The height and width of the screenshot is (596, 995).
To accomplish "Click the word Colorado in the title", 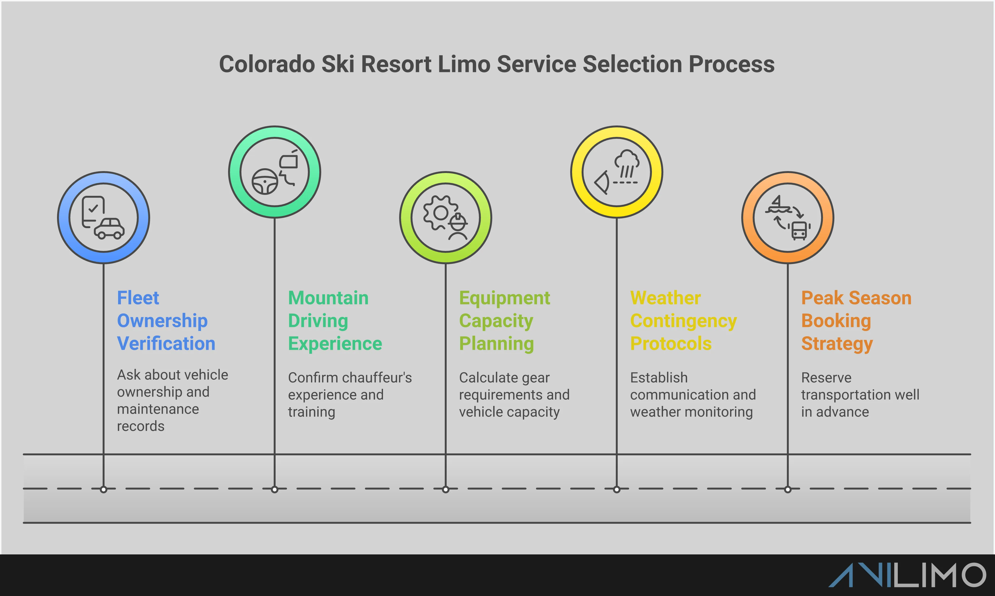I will (267, 64).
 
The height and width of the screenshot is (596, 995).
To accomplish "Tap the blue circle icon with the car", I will (104, 218).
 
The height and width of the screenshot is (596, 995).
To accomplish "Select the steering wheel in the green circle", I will (265, 182).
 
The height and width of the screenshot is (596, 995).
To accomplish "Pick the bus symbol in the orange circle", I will (799, 231).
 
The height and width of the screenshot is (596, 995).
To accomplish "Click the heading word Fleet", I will (138, 298).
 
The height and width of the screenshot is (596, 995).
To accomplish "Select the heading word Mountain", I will (328, 298).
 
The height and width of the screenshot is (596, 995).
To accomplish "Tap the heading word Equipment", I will (504, 298).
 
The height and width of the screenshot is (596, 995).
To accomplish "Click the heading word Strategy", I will (837, 344).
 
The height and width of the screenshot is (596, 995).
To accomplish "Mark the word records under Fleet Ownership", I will (141, 426).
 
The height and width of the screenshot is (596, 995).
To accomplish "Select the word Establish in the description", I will (659, 378).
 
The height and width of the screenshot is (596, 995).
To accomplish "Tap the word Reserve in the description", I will (826, 378).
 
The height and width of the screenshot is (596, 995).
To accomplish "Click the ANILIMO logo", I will (907, 575).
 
